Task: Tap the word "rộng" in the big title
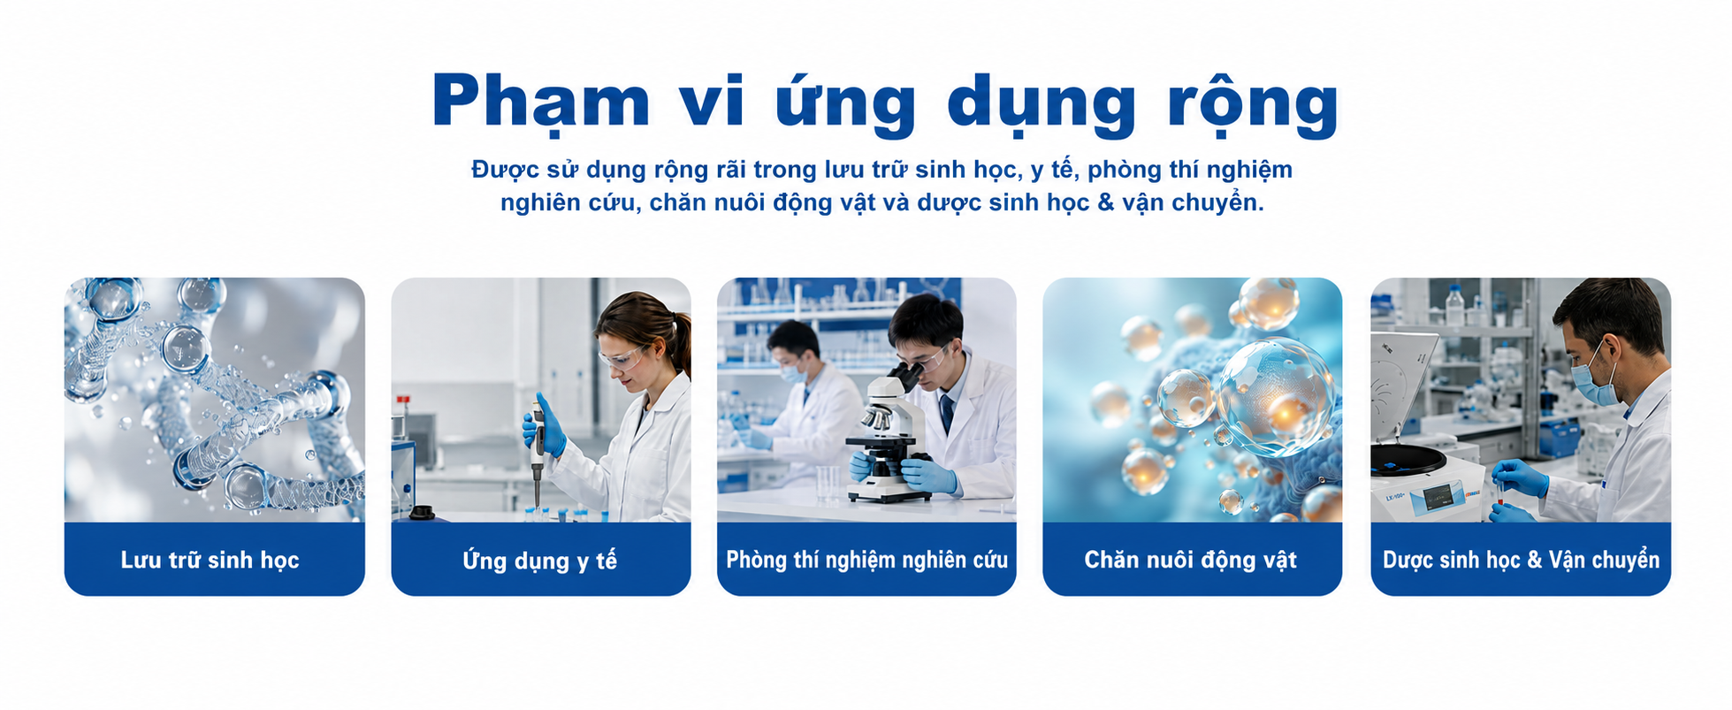1253,106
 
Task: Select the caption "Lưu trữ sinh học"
210,561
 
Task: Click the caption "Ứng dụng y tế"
539,560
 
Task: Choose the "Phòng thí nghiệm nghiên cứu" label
866,560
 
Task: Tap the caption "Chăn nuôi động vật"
1191,560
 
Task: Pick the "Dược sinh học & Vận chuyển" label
1521,561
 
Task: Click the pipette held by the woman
537,451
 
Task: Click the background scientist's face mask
793,372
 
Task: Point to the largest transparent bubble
1275,397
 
